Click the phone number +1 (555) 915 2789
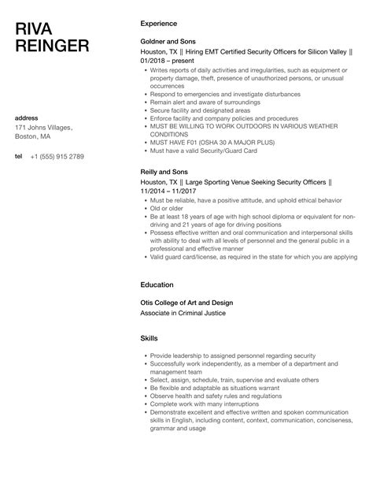pyautogui.click(x=57, y=156)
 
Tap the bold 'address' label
pyautogui.click(x=28, y=117)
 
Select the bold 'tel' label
pyautogui.click(x=19, y=156)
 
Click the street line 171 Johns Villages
pyautogui.click(x=45, y=128)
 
